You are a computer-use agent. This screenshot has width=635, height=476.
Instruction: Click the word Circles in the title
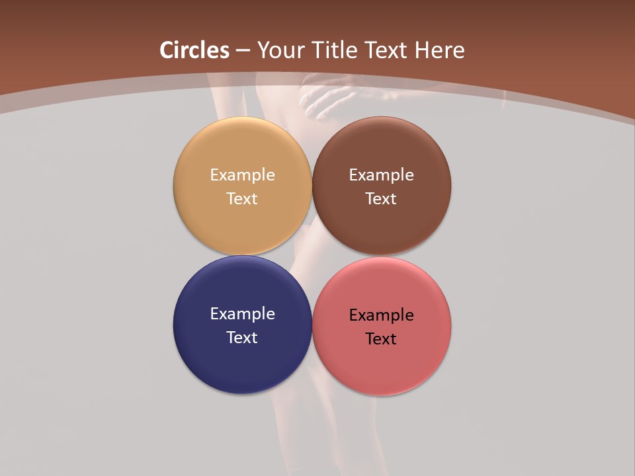pos(194,50)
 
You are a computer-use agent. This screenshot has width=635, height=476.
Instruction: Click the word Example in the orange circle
pos(242,175)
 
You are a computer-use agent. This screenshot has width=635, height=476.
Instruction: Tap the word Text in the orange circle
pos(242,198)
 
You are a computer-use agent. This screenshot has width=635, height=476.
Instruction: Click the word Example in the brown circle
pos(381,175)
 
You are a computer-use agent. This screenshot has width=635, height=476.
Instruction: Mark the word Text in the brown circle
pos(381,198)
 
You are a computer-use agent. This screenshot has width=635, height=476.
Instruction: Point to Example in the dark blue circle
pos(242,313)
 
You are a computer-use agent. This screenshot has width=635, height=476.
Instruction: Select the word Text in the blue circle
pos(242,337)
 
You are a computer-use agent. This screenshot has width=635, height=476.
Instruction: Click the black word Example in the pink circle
pos(381,315)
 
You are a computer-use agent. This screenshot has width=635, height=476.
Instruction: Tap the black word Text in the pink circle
pos(381,338)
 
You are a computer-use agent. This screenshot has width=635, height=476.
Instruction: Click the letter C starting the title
pos(167,50)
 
